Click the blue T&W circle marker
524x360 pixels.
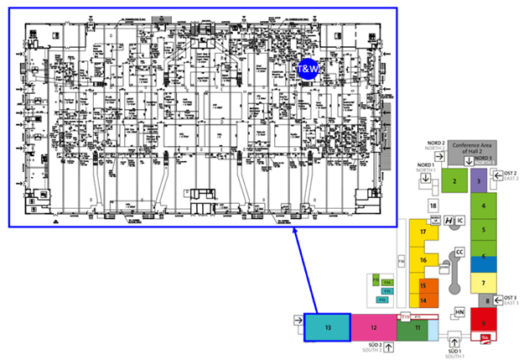click(309, 70)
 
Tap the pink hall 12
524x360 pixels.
click(374, 326)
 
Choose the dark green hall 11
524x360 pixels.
click(416, 328)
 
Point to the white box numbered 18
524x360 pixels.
click(433, 205)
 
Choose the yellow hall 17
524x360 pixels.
click(423, 231)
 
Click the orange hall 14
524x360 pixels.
click(424, 300)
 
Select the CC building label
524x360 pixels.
click(459, 251)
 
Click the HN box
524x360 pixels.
click(459, 312)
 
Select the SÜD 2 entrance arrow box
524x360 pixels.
click(388, 348)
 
